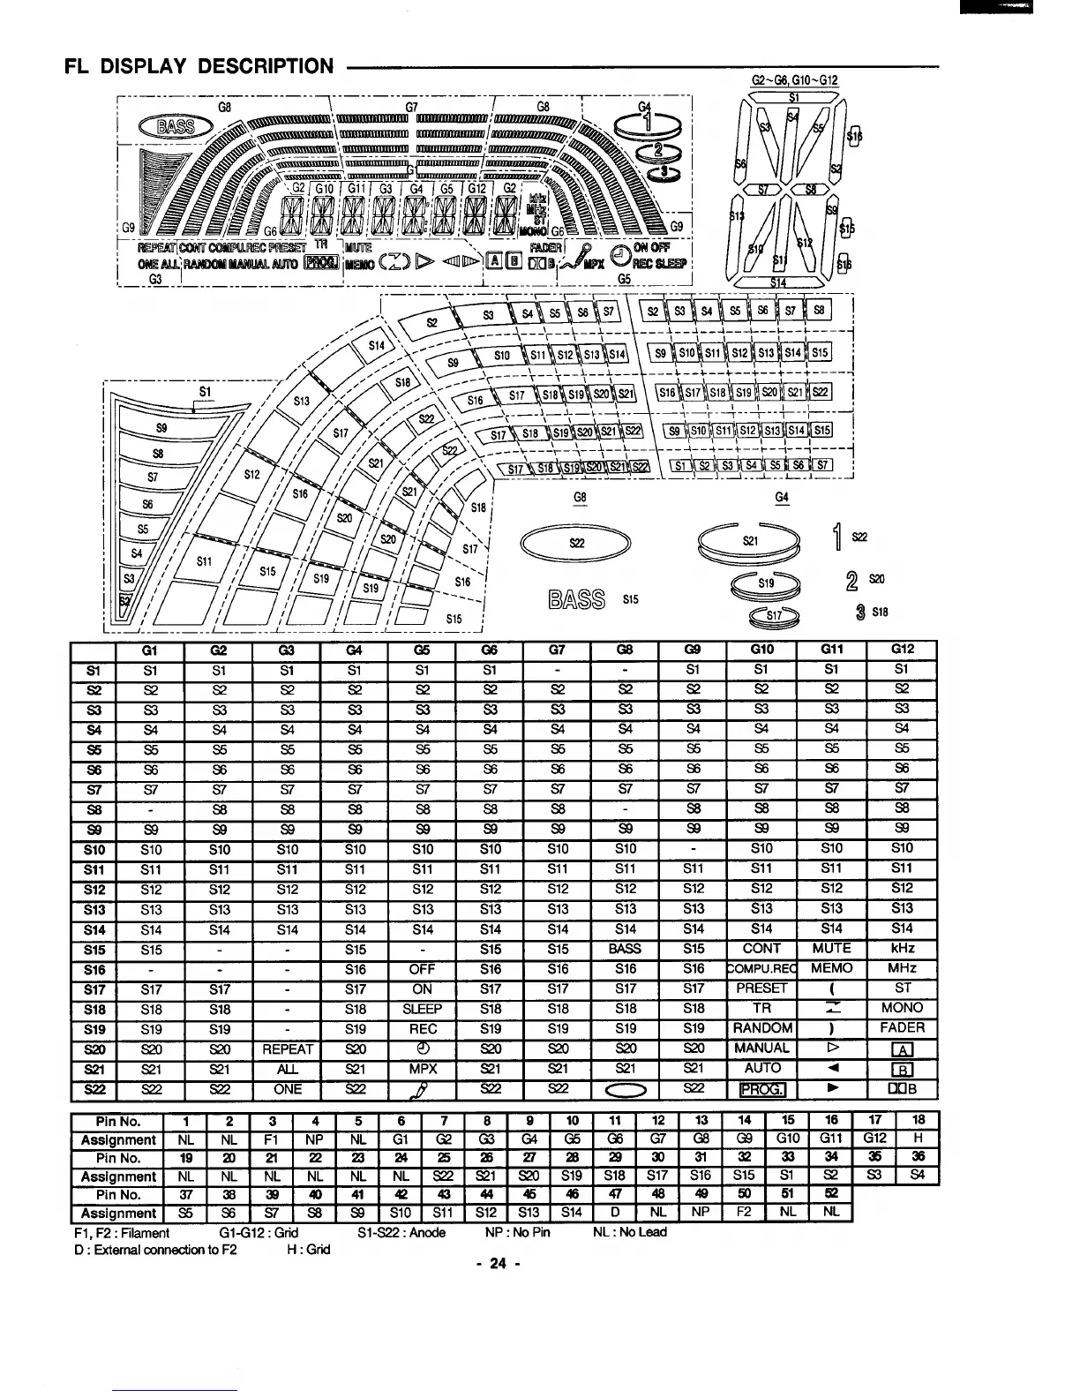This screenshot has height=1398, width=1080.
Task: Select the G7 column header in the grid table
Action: click(557, 650)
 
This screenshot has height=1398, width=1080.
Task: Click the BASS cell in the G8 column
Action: click(626, 949)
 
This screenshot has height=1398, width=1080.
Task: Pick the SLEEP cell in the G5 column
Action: click(422, 1008)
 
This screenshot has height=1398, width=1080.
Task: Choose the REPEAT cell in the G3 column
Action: click(288, 1048)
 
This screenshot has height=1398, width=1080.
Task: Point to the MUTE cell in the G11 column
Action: click(830, 949)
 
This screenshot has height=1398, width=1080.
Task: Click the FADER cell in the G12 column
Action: click(902, 1028)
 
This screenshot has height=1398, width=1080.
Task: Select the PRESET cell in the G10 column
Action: click(761, 988)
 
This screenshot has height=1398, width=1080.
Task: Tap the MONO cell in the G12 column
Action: click(902, 1008)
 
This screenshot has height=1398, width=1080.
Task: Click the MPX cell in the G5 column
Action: click(422, 1068)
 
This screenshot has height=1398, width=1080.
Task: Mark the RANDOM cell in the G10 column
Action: click(761, 1028)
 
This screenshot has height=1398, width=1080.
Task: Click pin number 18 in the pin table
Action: click(919, 1122)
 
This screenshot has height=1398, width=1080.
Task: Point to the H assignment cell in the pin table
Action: click(919, 1140)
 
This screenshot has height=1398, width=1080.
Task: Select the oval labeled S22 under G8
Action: click(577, 543)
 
